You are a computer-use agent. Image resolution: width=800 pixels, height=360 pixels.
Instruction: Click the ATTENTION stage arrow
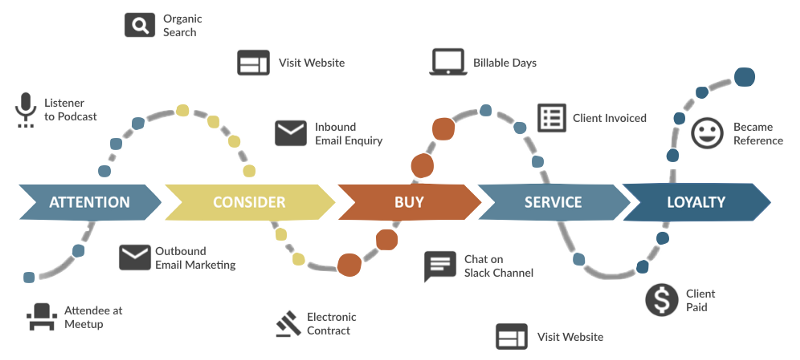(90, 202)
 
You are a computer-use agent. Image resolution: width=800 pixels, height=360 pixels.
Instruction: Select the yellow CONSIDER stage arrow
(250, 202)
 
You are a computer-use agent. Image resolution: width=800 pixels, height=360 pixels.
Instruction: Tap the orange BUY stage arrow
(409, 202)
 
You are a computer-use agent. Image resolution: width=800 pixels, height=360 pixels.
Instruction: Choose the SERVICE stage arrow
(554, 202)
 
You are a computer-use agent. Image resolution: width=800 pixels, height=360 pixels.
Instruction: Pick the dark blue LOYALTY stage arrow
(696, 202)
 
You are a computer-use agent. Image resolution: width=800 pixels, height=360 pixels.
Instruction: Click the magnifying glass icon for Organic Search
(140, 25)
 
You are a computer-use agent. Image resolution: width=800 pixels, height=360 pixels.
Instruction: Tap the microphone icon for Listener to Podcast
(26, 110)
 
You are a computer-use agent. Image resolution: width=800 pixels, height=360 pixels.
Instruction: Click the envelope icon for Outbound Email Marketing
(135, 258)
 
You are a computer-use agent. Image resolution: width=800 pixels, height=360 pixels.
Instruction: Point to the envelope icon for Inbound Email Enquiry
(291, 133)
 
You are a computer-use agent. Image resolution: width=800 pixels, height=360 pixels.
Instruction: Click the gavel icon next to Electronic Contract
(287, 324)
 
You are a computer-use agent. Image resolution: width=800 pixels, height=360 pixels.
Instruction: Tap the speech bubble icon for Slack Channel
(439, 266)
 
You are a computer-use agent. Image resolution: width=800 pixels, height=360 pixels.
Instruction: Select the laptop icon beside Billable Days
(448, 62)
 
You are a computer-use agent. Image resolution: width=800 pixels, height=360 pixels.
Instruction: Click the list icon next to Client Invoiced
(552, 118)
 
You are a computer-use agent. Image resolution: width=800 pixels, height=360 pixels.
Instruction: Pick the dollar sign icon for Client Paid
(662, 300)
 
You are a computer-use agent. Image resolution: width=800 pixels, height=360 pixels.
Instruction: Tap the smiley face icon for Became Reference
(707, 133)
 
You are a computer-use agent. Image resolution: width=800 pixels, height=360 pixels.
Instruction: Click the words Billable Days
(505, 63)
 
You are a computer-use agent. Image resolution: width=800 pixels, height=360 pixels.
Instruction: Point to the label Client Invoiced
(609, 118)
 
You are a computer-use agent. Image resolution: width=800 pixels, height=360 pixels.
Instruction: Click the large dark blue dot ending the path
(744, 77)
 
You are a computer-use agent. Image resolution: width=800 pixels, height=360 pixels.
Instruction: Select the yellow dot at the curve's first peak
(182, 111)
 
